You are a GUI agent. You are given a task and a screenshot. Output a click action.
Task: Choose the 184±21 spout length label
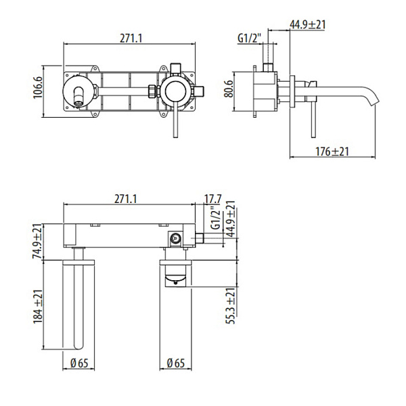pyautogui.click(x=39, y=305)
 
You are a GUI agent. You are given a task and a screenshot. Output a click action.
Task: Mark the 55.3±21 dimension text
pyautogui.click(x=231, y=306)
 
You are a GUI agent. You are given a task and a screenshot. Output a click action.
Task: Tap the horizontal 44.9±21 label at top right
pyautogui.click(x=308, y=24)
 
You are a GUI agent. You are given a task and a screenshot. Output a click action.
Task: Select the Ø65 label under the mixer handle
pyautogui.click(x=177, y=363)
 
